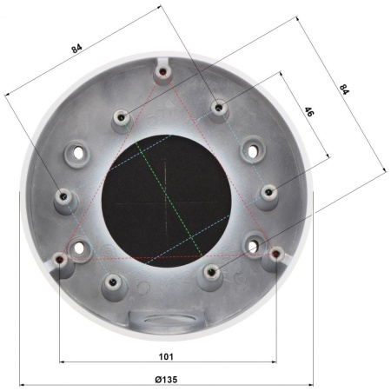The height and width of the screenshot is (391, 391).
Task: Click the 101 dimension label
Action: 166,356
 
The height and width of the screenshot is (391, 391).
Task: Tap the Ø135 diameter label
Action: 166,379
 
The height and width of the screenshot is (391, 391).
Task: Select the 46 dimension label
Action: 308,112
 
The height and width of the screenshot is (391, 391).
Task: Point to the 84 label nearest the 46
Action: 344,89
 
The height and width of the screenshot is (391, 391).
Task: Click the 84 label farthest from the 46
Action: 76,49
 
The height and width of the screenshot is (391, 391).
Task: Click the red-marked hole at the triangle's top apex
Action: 163,71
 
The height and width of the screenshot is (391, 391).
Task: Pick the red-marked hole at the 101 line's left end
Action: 60,258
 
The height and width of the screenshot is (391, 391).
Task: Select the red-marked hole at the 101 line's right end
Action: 276,254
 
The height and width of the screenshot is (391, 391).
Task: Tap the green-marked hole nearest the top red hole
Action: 122,117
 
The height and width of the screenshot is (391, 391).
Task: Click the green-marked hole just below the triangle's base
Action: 212,272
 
